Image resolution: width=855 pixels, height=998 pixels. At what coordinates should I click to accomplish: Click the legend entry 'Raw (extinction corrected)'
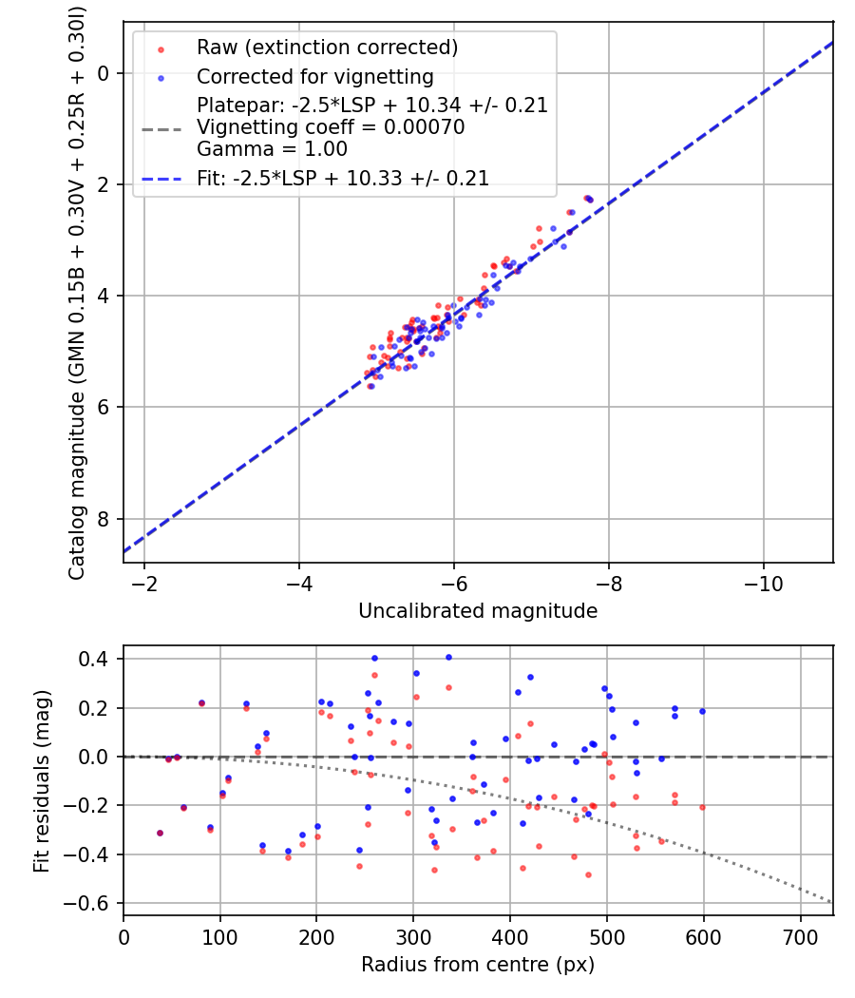(327, 48)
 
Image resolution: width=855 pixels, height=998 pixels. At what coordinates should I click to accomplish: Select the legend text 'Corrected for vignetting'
(314, 77)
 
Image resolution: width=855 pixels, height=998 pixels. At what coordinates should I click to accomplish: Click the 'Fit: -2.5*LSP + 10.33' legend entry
(343, 178)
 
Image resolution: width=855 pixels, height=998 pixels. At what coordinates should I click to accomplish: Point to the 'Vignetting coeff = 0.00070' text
(331, 127)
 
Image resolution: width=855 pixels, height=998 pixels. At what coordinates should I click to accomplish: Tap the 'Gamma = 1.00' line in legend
(272, 149)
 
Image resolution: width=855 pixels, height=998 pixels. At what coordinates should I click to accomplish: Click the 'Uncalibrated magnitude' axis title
(478, 611)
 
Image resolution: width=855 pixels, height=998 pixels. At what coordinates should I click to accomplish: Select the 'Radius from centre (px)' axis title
(478, 965)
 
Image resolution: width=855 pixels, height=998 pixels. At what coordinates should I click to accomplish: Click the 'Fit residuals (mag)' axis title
(41, 781)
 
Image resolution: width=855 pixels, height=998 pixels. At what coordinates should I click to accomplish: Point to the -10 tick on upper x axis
(763, 582)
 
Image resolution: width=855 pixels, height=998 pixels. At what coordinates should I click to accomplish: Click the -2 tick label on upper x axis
(144, 582)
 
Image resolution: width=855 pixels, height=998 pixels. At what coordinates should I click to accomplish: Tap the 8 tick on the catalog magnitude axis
(105, 519)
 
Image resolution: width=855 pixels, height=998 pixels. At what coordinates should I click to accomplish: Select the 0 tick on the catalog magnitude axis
(105, 73)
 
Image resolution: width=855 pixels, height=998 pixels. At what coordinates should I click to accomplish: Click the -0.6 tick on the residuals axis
(93, 903)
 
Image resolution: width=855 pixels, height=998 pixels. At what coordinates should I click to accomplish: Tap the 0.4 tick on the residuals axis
(98, 659)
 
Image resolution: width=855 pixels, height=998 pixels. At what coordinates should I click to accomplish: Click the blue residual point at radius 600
(703, 711)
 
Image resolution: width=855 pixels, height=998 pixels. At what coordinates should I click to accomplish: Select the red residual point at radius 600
(703, 807)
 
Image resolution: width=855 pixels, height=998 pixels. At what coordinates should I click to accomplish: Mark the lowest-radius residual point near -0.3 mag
(160, 833)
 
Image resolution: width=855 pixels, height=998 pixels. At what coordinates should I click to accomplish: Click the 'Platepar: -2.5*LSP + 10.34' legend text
(372, 105)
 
